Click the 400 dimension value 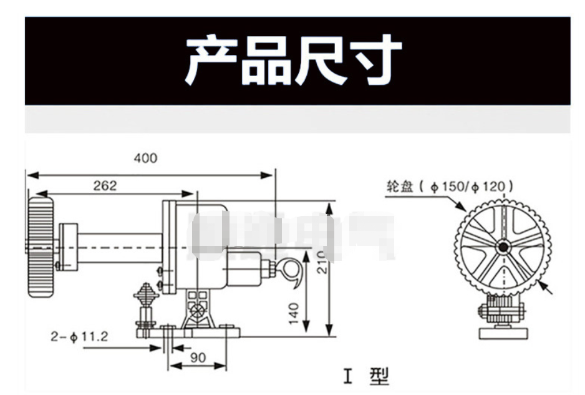146,158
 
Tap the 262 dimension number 105,186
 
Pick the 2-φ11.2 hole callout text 79,337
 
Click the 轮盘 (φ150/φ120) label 450,186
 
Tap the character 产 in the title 211,61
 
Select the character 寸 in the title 374,61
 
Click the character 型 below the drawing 379,376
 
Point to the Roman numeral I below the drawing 347,376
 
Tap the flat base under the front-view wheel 503,332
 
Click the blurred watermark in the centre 293,237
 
